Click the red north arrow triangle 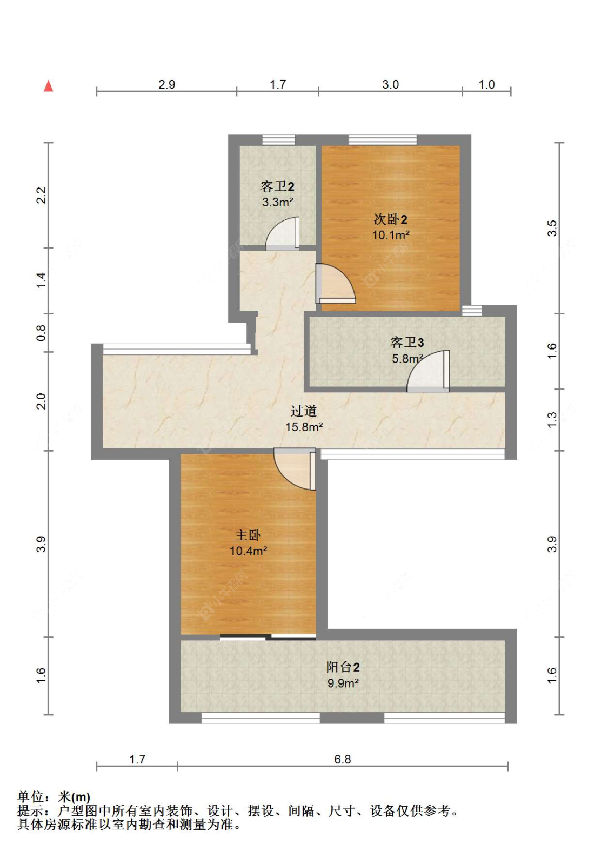(x=48, y=86)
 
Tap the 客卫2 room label (x=277, y=186)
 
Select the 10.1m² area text (x=391, y=235)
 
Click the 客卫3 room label (x=407, y=342)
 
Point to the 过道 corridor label (x=304, y=411)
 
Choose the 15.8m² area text (x=304, y=427)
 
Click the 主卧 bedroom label (x=248, y=535)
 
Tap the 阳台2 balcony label (x=343, y=667)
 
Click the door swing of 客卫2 (x=282, y=233)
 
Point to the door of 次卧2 (x=335, y=284)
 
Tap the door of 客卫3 (x=428, y=371)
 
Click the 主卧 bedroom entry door (x=295, y=469)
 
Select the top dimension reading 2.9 (x=166, y=84)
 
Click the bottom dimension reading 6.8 (x=343, y=759)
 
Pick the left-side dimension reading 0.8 (x=41, y=332)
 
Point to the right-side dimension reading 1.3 (x=552, y=419)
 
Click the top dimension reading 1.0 (x=486, y=84)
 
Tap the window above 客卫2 (x=278, y=140)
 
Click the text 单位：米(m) (x=54, y=797)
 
